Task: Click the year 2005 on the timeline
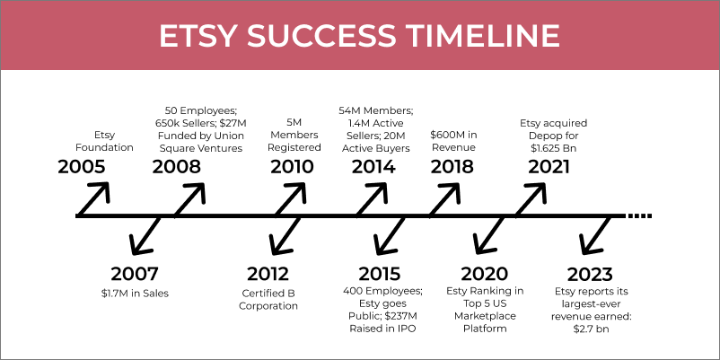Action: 82,167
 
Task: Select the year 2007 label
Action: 134,274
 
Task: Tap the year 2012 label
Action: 268,274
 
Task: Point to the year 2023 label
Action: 590,275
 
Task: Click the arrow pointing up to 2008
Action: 189,199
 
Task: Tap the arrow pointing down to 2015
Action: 391,236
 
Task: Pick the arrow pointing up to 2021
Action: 531,199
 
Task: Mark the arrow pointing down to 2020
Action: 489,235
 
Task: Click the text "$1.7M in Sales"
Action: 135,293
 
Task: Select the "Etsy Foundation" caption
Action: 104,142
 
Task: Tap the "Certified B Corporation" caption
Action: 268,299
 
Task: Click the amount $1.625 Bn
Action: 553,148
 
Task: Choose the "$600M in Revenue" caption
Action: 452,142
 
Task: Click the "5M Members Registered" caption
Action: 294,136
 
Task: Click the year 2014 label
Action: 373,167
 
